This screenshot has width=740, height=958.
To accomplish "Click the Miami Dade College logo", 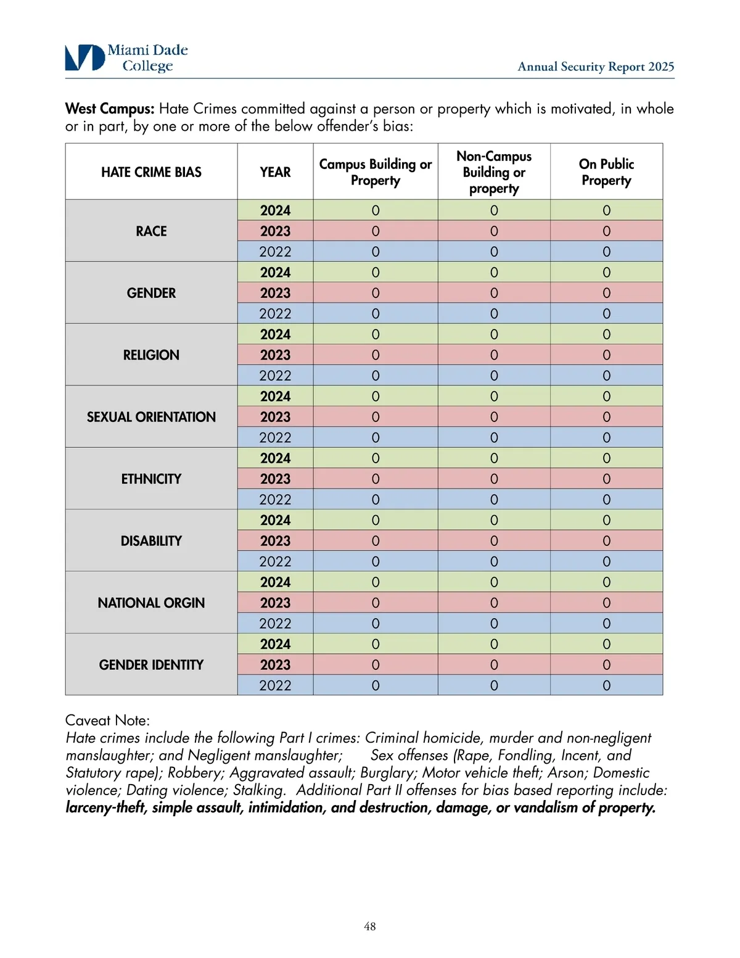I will point(126,58).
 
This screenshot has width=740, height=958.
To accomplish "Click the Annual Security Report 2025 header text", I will point(595,67).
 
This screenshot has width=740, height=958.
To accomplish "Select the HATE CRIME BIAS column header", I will point(151,172).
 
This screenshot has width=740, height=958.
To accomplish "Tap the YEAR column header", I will point(275,172).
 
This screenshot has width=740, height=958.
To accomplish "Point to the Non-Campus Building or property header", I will point(494,172).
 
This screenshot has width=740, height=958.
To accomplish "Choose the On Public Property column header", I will point(606,172).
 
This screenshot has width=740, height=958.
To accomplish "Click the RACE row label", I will point(151,231).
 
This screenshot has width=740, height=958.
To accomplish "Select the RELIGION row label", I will point(151,355).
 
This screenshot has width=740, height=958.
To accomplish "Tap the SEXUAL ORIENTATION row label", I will point(151,417).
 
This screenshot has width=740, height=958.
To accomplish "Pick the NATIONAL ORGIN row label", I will point(151,603).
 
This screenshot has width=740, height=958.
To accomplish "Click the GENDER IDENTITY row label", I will point(151,665).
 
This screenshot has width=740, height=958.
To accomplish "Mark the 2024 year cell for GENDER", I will point(275,273).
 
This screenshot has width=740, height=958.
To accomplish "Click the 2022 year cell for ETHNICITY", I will point(275,500).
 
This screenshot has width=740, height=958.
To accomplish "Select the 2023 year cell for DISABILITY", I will point(275,541).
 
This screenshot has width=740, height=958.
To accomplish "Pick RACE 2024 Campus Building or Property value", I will point(376,211).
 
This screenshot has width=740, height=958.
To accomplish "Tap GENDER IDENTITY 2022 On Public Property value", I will point(606,685).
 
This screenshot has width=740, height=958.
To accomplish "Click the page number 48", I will point(370,926).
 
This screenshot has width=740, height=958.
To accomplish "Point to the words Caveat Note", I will point(107,721).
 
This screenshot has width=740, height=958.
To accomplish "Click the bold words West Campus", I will point(110,109).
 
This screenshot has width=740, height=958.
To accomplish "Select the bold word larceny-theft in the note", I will point(105,807).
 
